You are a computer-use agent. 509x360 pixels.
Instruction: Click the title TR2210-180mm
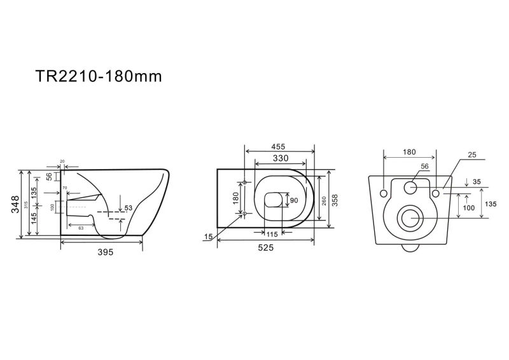point(99,76)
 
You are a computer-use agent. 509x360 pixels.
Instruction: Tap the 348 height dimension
point(15,204)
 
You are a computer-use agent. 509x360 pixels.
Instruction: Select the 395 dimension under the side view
point(106,252)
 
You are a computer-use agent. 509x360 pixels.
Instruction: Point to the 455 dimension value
point(278,147)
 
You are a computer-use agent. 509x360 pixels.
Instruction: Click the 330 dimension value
point(281,158)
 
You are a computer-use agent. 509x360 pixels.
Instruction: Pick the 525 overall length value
point(266,247)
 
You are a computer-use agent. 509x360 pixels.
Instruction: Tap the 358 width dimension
point(335,200)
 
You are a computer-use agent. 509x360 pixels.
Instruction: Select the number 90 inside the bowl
point(294,200)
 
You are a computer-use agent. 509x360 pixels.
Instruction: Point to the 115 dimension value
point(272,233)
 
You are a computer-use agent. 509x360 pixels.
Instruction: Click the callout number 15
point(208,237)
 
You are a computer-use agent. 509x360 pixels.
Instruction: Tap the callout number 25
point(472,155)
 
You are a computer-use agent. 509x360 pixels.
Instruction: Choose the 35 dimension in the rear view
point(477,182)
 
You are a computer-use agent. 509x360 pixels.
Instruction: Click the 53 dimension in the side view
point(129,208)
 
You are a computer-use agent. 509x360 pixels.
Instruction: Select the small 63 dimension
point(81,228)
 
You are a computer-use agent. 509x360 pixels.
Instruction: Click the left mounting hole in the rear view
point(384,193)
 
